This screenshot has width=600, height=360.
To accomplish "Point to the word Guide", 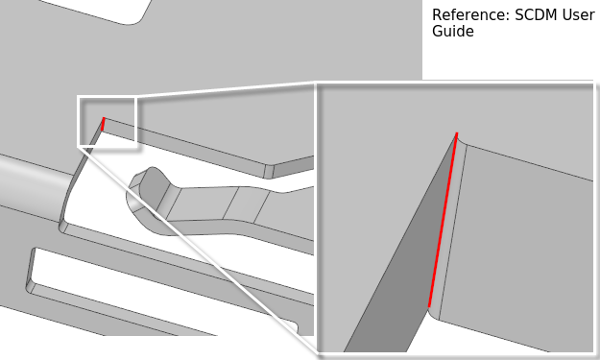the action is (453, 32).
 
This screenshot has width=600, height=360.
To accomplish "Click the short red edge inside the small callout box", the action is (103, 124).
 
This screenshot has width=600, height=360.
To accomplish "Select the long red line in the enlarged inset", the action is (443, 220).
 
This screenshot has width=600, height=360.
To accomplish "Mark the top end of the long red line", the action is (457, 133).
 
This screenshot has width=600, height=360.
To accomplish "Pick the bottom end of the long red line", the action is (429, 307).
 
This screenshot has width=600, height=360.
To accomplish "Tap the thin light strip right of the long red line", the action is (449, 229).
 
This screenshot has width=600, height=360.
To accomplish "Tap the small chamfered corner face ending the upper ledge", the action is (270, 172).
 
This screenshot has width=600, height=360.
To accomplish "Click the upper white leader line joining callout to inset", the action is (226, 90).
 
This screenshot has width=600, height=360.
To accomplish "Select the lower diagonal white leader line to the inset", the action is (199, 251).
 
